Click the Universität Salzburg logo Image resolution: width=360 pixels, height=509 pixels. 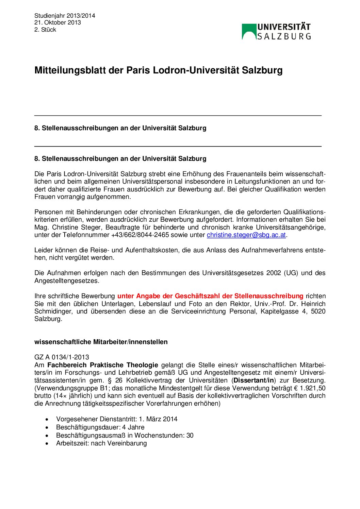point(276,32)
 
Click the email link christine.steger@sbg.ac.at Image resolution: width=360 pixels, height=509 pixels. point(246,235)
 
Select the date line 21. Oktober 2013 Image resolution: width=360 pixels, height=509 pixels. point(58,22)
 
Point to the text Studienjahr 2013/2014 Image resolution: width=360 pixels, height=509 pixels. point(65,16)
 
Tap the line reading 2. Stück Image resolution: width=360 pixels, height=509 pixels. point(45,30)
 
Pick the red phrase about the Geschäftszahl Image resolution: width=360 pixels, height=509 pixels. point(210,296)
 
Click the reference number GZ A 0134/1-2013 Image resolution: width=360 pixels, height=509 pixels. point(62,357)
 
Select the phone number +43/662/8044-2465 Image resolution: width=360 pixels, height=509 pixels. point(140,235)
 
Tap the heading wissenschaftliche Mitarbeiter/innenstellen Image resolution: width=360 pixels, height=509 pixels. point(101,342)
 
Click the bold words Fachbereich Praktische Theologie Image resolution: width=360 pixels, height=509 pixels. point(103,365)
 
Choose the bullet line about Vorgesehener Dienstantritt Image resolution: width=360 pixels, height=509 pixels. point(117,419)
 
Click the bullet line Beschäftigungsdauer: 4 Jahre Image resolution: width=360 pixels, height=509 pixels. point(100,427)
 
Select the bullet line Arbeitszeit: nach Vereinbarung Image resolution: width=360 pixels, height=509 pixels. point(101,443)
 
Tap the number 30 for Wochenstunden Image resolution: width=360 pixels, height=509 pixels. point(190,436)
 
